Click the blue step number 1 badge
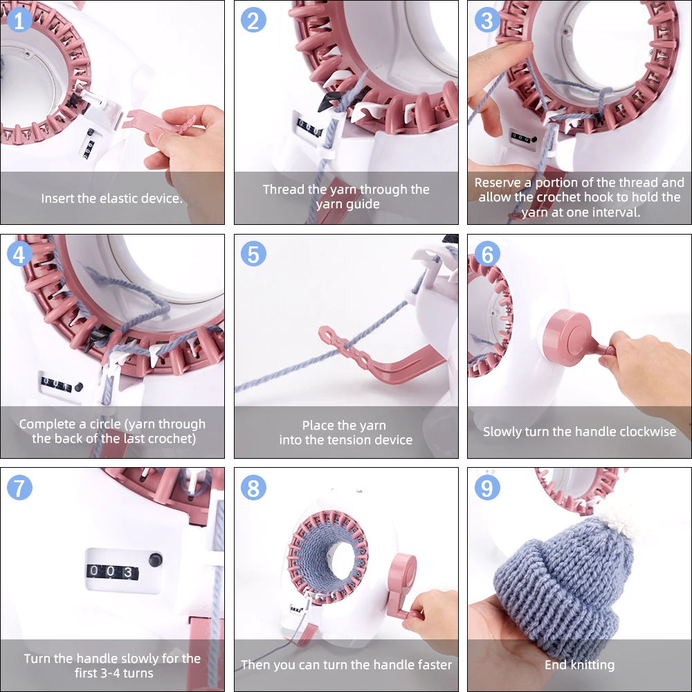tap(19, 20)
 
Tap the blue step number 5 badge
tap(253, 254)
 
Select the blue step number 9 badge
tap(487, 488)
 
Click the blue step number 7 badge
tap(19, 488)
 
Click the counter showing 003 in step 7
tap(113, 572)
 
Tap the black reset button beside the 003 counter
tap(155, 560)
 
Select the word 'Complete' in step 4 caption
tap(47, 424)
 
